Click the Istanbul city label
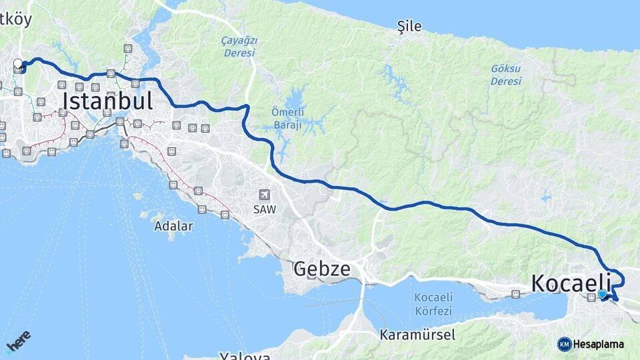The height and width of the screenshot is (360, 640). [x=107, y=101]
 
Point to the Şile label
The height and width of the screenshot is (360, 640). [x=409, y=27]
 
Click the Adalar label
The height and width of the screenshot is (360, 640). [x=173, y=226]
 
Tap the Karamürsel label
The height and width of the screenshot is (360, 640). [x=417, y=334]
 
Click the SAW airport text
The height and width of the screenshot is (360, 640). [x=265, y=209]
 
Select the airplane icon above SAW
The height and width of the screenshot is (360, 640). [x=265, y=195]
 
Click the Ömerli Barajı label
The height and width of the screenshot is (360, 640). [x=287, y=117]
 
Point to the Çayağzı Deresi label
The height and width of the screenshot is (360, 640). [x=239, y=47]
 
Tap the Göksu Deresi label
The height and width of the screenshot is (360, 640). [x=506, y=74]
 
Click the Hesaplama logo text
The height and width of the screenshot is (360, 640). [x=598, y=344]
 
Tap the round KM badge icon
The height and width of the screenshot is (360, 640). [x=564, y=344]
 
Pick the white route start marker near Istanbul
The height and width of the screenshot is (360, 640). [x=18, y=64]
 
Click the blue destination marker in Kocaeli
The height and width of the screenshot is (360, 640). [x=602, y=294]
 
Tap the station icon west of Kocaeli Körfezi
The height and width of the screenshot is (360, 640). [x=515, y=294]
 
